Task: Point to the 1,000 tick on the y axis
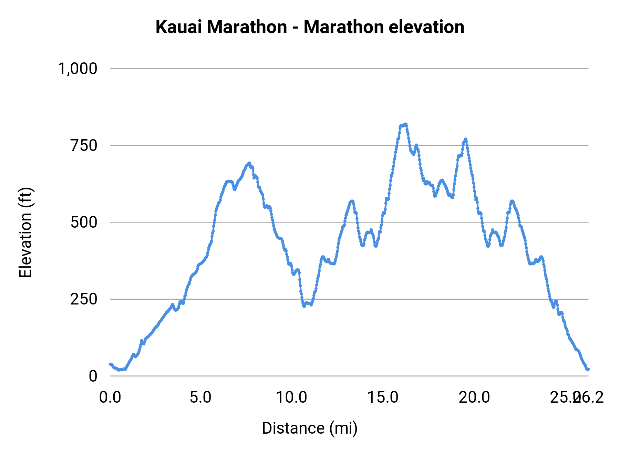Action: pos(78,69)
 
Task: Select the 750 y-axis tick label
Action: pos(84,145)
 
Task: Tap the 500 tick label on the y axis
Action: pos(84,222)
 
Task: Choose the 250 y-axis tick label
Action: pos(84,299)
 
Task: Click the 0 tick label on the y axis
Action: pos(93,376)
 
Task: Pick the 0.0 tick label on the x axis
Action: pos(110,397)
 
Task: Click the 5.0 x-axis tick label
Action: pos(201,397)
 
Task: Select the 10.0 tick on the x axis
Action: pos(292,397)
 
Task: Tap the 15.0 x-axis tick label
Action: pos(383,397)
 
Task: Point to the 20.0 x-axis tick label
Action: pos(474,397)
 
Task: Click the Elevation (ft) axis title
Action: pos(25,232)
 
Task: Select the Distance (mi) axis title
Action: pos(310,428)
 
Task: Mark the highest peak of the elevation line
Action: pos(406,124)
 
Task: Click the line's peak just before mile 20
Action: pos(466,139)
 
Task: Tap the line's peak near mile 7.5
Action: pos(249,163)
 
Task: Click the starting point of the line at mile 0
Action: pos(110,364)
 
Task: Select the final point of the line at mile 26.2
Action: pos(588,369)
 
